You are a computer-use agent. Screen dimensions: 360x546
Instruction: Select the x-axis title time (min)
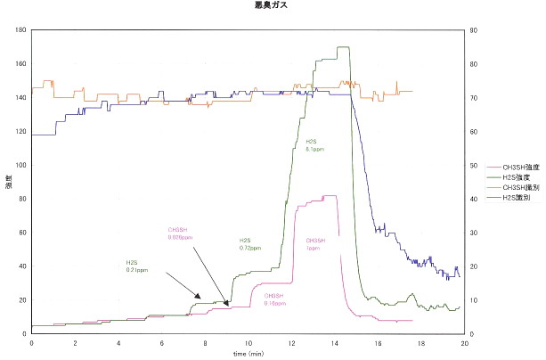248,353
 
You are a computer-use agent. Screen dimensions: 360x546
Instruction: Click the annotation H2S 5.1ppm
314,145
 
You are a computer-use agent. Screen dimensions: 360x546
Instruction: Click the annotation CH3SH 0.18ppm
274,299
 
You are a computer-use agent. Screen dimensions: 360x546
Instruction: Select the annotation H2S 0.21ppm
136,265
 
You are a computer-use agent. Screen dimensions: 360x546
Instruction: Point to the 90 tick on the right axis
475,29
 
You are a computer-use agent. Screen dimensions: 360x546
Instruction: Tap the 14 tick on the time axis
334,342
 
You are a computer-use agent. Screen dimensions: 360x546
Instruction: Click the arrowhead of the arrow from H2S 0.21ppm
202,299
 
